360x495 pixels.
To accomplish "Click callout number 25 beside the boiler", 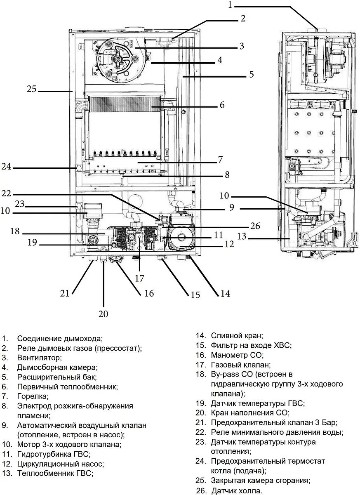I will pyautogui.click(x=32, y=89).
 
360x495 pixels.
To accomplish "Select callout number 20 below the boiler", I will pyautogui.click(x=103, y=314).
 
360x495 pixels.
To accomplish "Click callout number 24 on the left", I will pyautogui.click(x=7, y=167).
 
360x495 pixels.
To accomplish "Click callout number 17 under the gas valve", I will pyautogui.click(x=139, y=278).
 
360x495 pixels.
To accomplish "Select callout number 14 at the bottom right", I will pyautogui.click(x=225, y=293).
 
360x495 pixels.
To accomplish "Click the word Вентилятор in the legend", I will pyautogui.click(x=39, y=357).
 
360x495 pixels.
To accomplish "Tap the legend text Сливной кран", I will pyautogui.click(x=237, y=336).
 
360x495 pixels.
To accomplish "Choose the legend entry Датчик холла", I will pyautogui.click(x=236, y=491).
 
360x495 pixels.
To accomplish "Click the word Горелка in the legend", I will pyautogui.click(x=33, y=396).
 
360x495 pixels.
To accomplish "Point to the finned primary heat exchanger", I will pyautogui.click(x=124, y=106).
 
